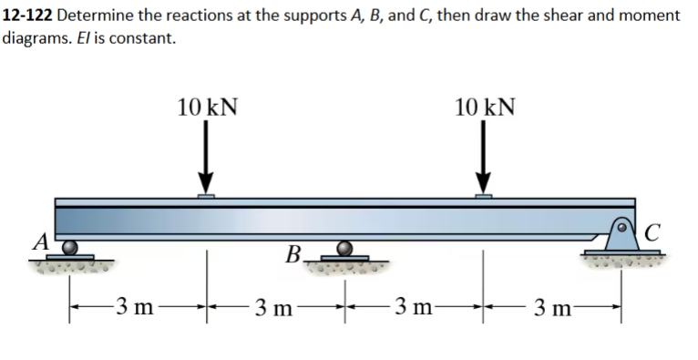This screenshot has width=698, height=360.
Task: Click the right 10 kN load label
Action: click(485, 106)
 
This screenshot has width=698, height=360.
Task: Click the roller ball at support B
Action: click(344, 248)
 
